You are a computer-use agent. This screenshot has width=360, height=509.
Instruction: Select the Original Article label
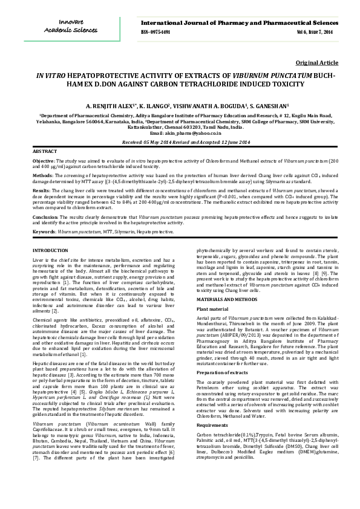pos(317,63)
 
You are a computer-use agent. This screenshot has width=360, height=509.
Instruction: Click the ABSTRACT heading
pos(45,151)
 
